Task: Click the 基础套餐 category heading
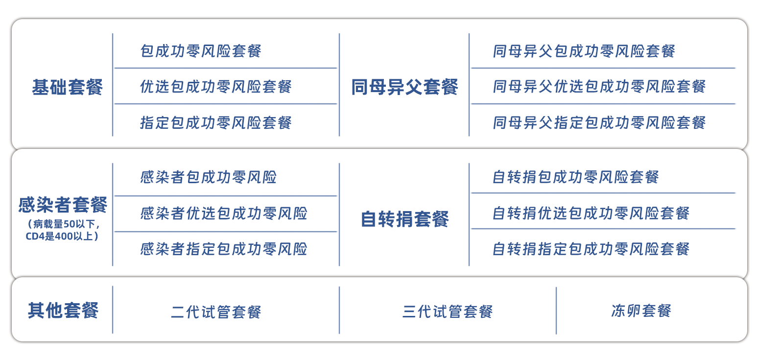click(68, 87)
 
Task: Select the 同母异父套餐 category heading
click(404, 87)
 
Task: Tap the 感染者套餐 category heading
click(63, 205)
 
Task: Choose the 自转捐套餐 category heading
click(404, 219)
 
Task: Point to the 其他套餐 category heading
click(63, 311)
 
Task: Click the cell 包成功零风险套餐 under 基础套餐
click(201, 51)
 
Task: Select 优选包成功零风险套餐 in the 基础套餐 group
click(216, 87)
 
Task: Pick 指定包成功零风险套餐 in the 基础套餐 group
click(216, 122)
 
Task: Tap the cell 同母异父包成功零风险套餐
click(584, 51)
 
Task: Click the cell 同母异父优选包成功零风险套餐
click(599, 87)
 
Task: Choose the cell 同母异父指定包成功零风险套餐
click(599, 122)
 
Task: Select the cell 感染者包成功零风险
click(209, 177)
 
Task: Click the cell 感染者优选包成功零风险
click(224, 214)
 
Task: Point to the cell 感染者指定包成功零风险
click(224, 249)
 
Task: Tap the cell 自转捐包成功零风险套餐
click(576, 177)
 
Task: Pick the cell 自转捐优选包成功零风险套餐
click(591, 213)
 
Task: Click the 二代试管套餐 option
click(216, 312)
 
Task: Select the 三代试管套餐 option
click(447, 312)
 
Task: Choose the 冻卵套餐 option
click(641, 311)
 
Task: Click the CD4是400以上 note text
click(62, 237)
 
